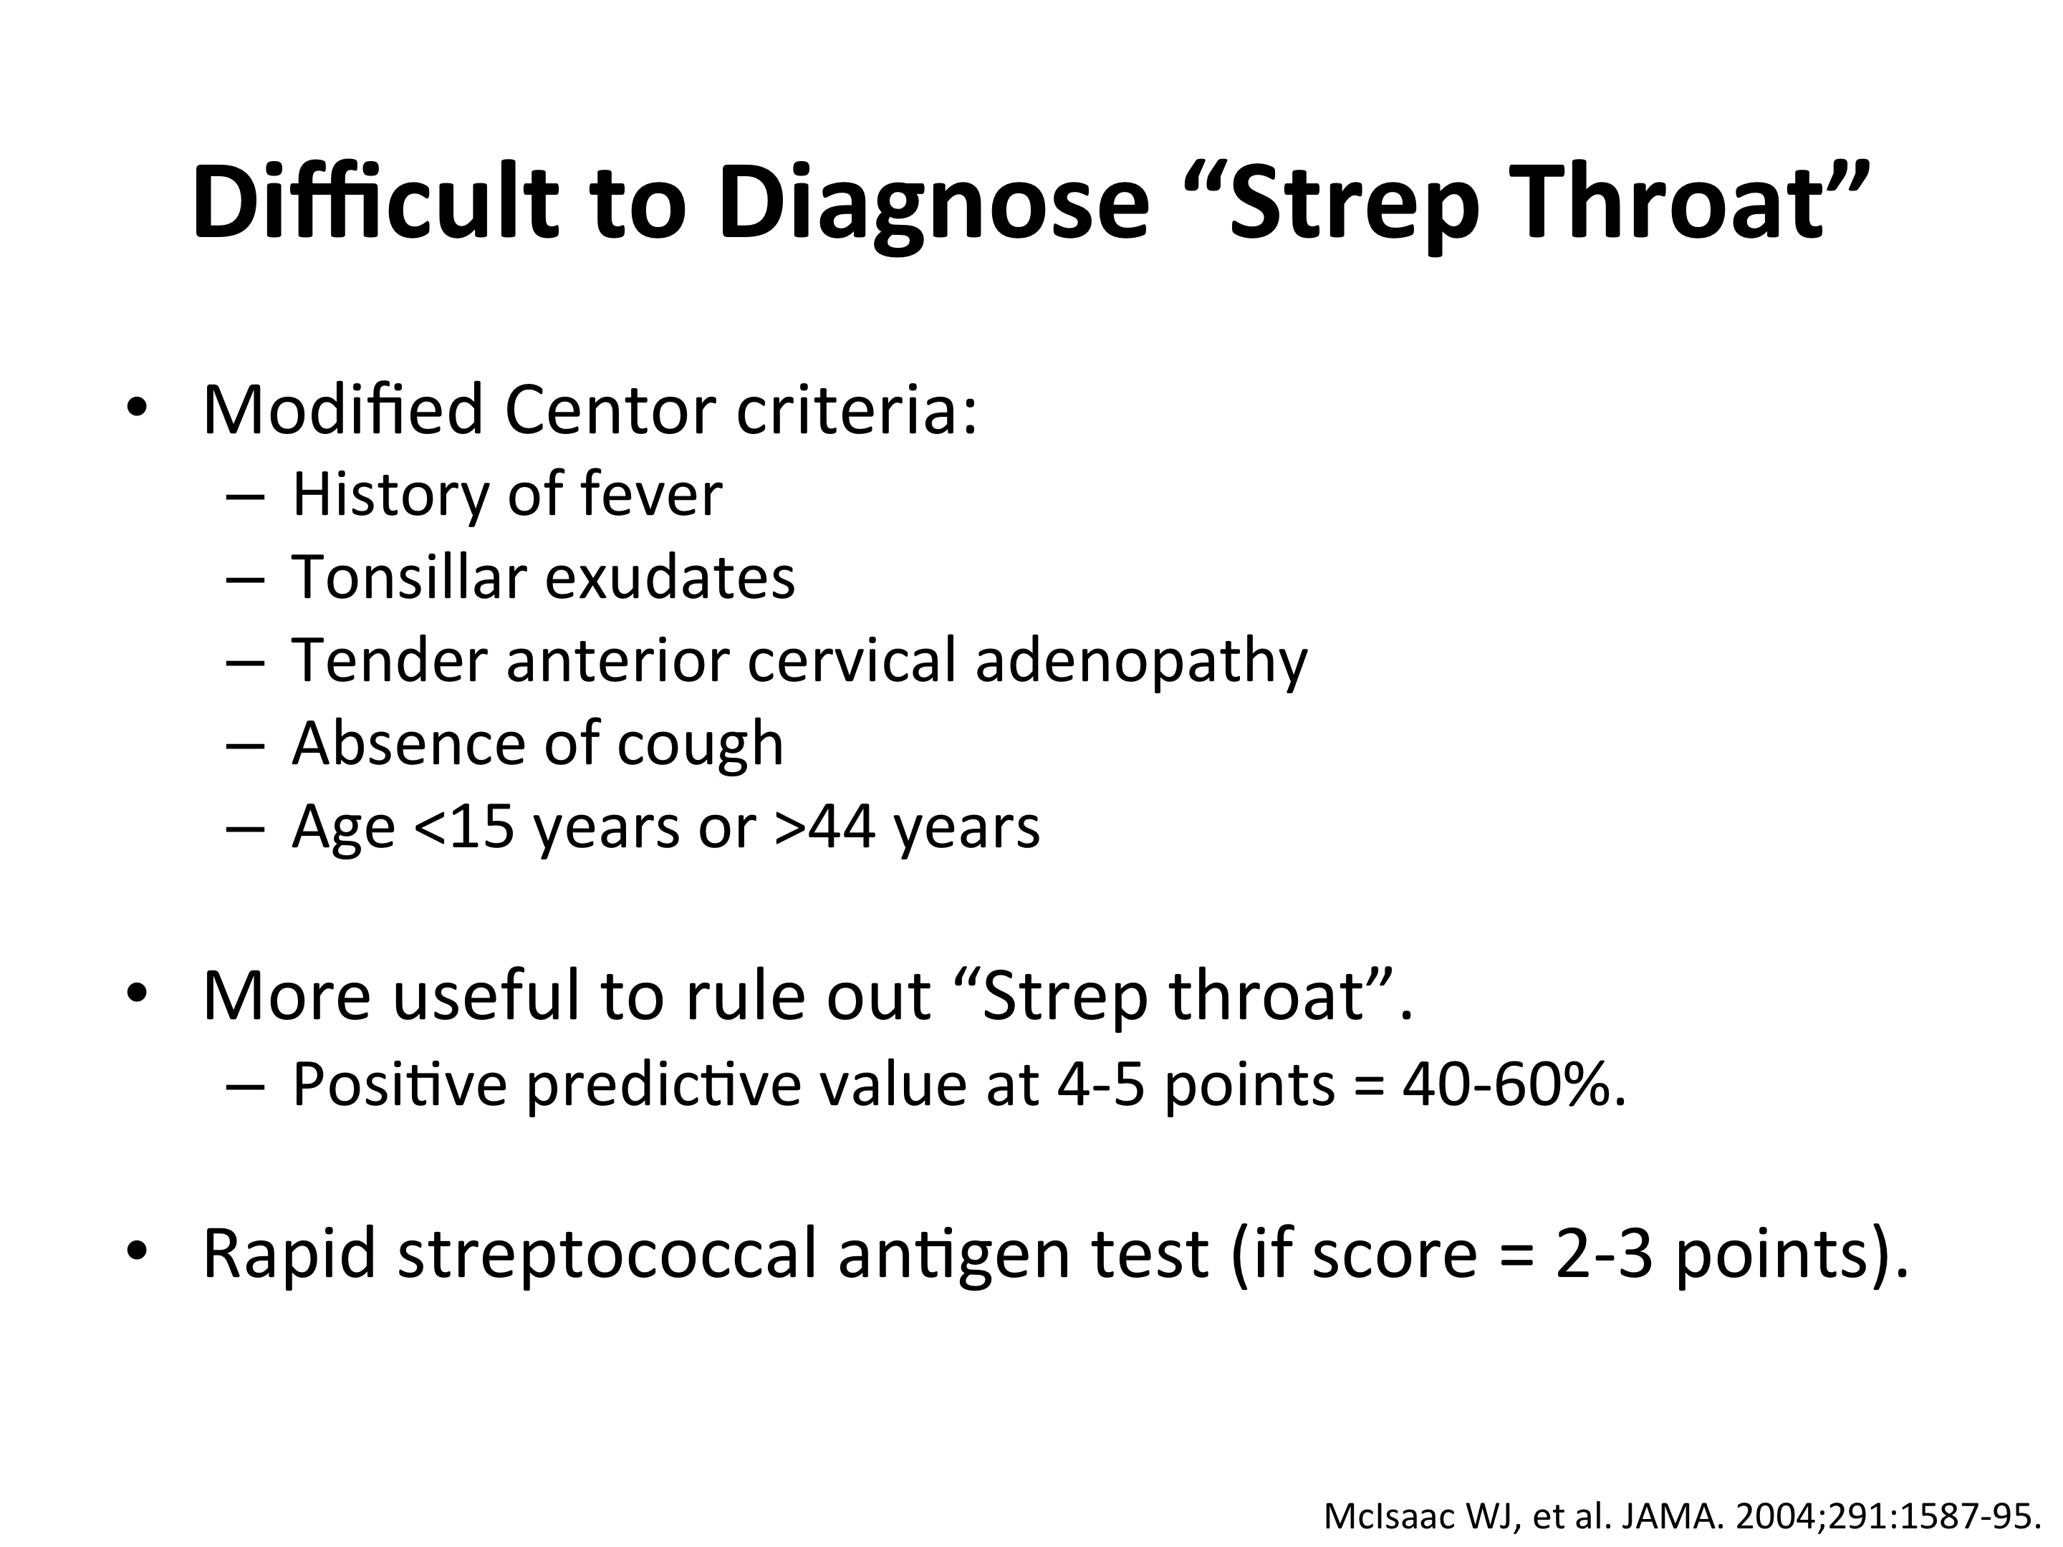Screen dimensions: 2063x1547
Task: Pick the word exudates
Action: pyautogui.click(x=670, y=577)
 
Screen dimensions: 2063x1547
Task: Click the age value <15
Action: pyautogui.click(x=463, y=826)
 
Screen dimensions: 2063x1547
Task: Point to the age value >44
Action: pyautogui.click(x=824, y=826)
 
